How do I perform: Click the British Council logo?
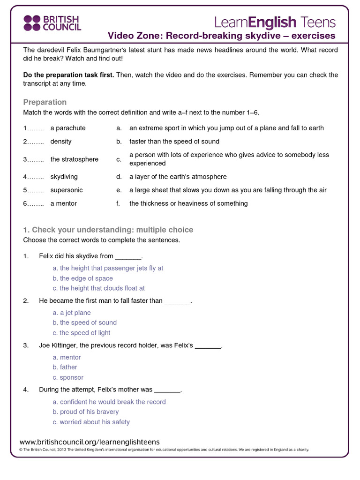click(x=52, y=22)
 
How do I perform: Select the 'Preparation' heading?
click(x=45, y=102)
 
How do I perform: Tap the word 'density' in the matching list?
click(x=61, y=141)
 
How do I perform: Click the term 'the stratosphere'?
click(x=74, y=159)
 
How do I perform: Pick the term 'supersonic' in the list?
click(x=67, y=190)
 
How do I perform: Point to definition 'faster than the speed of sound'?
click(x=174, y=141)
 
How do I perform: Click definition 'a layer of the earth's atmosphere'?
click(x=178, y=177)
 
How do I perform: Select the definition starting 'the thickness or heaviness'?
click(x=188, y=203)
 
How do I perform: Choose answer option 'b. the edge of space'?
click(x=82, y=278)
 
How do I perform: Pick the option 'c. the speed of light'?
click(x=82, y=333)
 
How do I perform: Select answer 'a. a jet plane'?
click(x=72, y=313)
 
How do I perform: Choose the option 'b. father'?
click(x=65, y=367)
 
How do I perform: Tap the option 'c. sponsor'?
click(x=68, y=377)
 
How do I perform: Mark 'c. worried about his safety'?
click(x=91, y=422)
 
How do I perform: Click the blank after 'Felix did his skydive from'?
click(x=128, y=256)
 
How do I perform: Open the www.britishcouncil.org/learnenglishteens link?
click(x=90, y=442)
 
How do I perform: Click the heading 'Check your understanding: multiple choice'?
click(x=108, y=230)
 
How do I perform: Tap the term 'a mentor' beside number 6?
click(x=63, y=203)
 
